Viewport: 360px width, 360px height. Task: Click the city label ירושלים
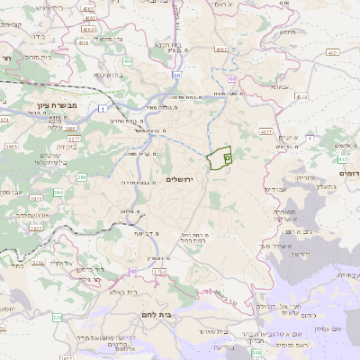click(186, 179)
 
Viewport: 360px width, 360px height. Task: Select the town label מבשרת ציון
click(58, 105)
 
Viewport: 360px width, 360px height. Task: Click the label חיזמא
click(287, 56)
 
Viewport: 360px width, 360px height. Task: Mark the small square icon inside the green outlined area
click(227, 158)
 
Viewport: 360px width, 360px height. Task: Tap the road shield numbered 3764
click(159, 271)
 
